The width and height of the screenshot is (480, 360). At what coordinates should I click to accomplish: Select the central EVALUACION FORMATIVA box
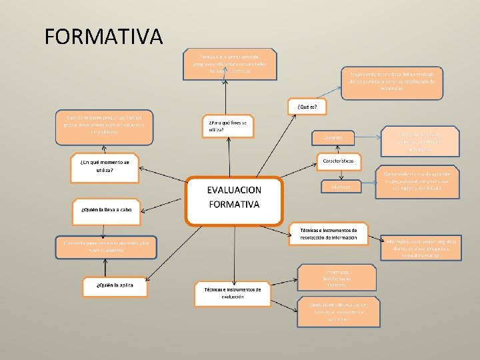pos(234,199)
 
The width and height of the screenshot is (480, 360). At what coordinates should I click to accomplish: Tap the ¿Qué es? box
pos(307,107)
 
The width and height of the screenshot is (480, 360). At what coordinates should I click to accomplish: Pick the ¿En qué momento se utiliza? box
pos(104,167)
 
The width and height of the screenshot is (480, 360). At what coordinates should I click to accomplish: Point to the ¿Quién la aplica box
pos(113,285)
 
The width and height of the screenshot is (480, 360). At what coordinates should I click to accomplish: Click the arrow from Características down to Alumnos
pos(340,174)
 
